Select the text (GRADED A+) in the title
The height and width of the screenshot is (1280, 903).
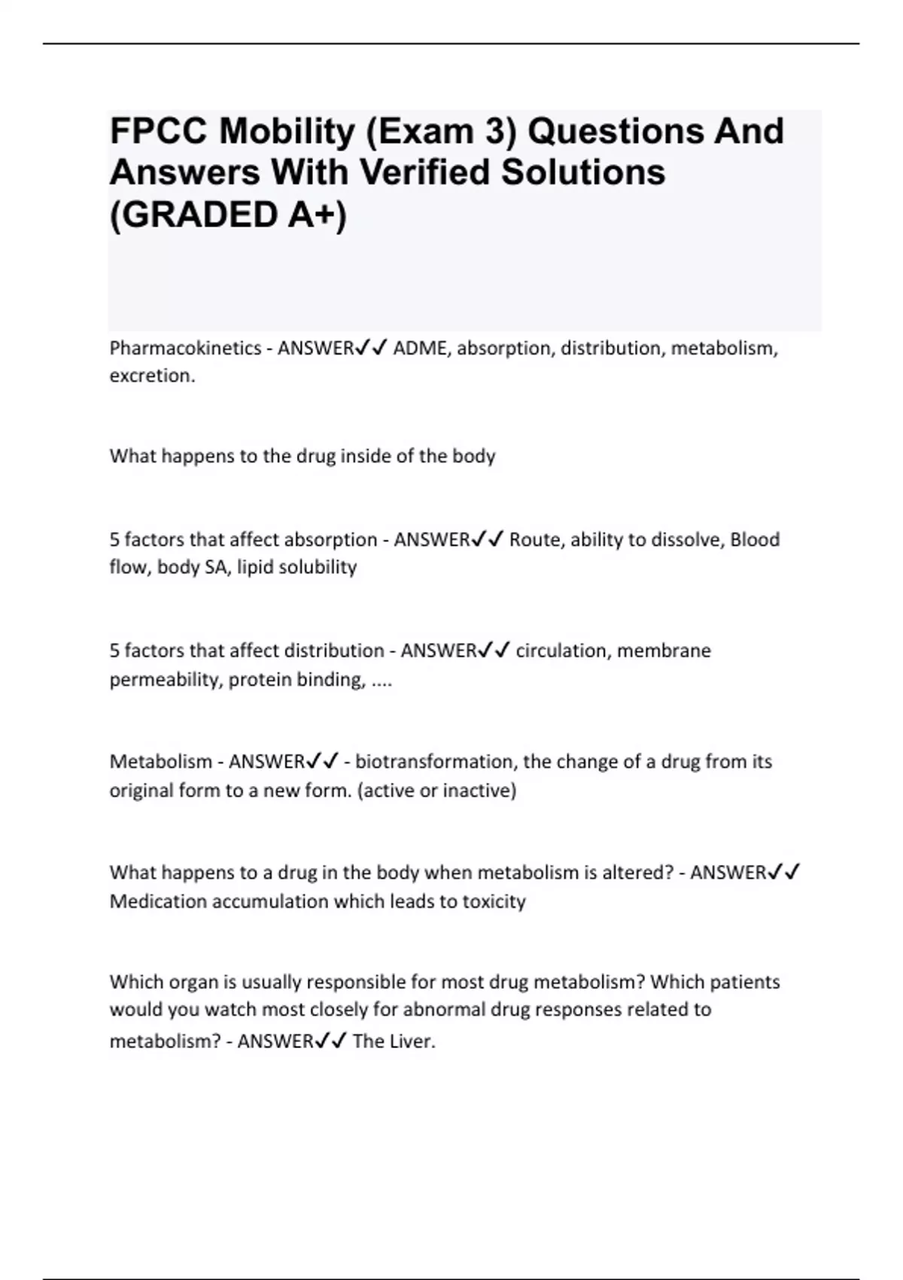[x=228, y=215]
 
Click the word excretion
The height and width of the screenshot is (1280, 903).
[x=151, y=376]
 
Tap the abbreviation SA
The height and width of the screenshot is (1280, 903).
[x=214, y=567]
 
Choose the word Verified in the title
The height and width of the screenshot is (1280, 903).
[x=425, y=172]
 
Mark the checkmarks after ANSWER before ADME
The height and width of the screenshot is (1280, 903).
[x=372, y=348]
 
